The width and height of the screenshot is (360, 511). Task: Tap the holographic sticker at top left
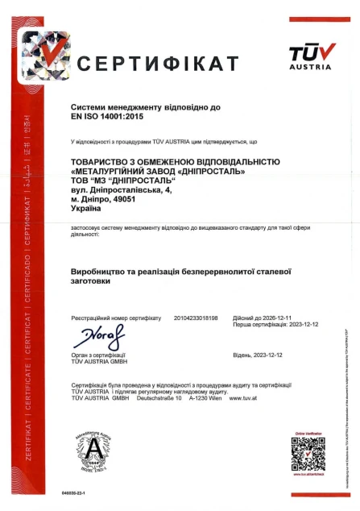(x=47, y=55)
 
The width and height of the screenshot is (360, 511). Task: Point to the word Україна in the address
(x=89, y=208)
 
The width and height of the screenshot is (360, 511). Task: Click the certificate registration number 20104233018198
(x=196, y=318)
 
